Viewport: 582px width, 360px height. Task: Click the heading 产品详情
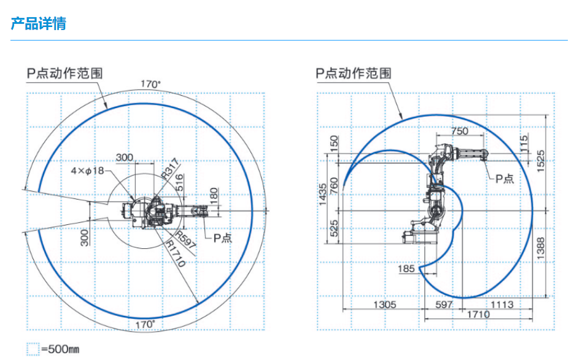tap(38, 24)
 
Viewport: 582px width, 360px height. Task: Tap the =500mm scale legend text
tap(61, 350)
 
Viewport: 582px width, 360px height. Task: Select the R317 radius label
tap(171, 168)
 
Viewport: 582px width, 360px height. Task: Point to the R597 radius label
tap(185, 241)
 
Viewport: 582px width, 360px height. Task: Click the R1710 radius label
tap(177, 254)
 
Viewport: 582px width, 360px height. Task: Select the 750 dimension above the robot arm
tap(459, 130)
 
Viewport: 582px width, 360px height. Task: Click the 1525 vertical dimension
tap(541, 160)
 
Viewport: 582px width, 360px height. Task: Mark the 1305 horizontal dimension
tap(384, 304)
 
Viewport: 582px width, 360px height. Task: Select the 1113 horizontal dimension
tap(501, 304)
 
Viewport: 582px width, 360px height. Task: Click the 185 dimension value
tap(406, 268)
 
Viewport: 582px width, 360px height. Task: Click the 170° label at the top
tap(150, 84)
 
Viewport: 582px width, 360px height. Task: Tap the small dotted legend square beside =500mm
tap(33, 349)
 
